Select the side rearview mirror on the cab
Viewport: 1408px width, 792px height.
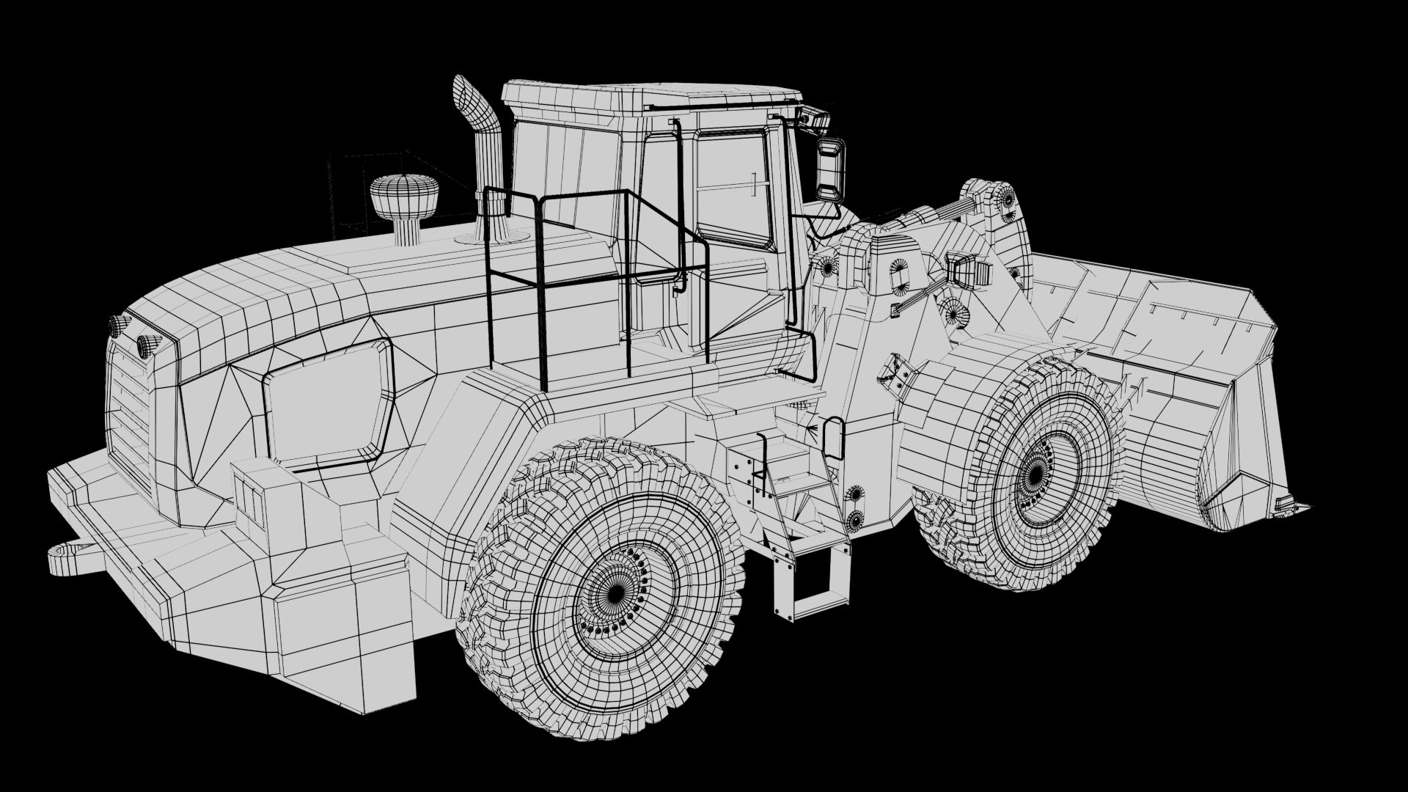coord(830,169)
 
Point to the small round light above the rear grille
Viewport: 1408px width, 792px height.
coord(147,344)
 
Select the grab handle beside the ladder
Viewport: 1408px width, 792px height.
coord(833,437)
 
